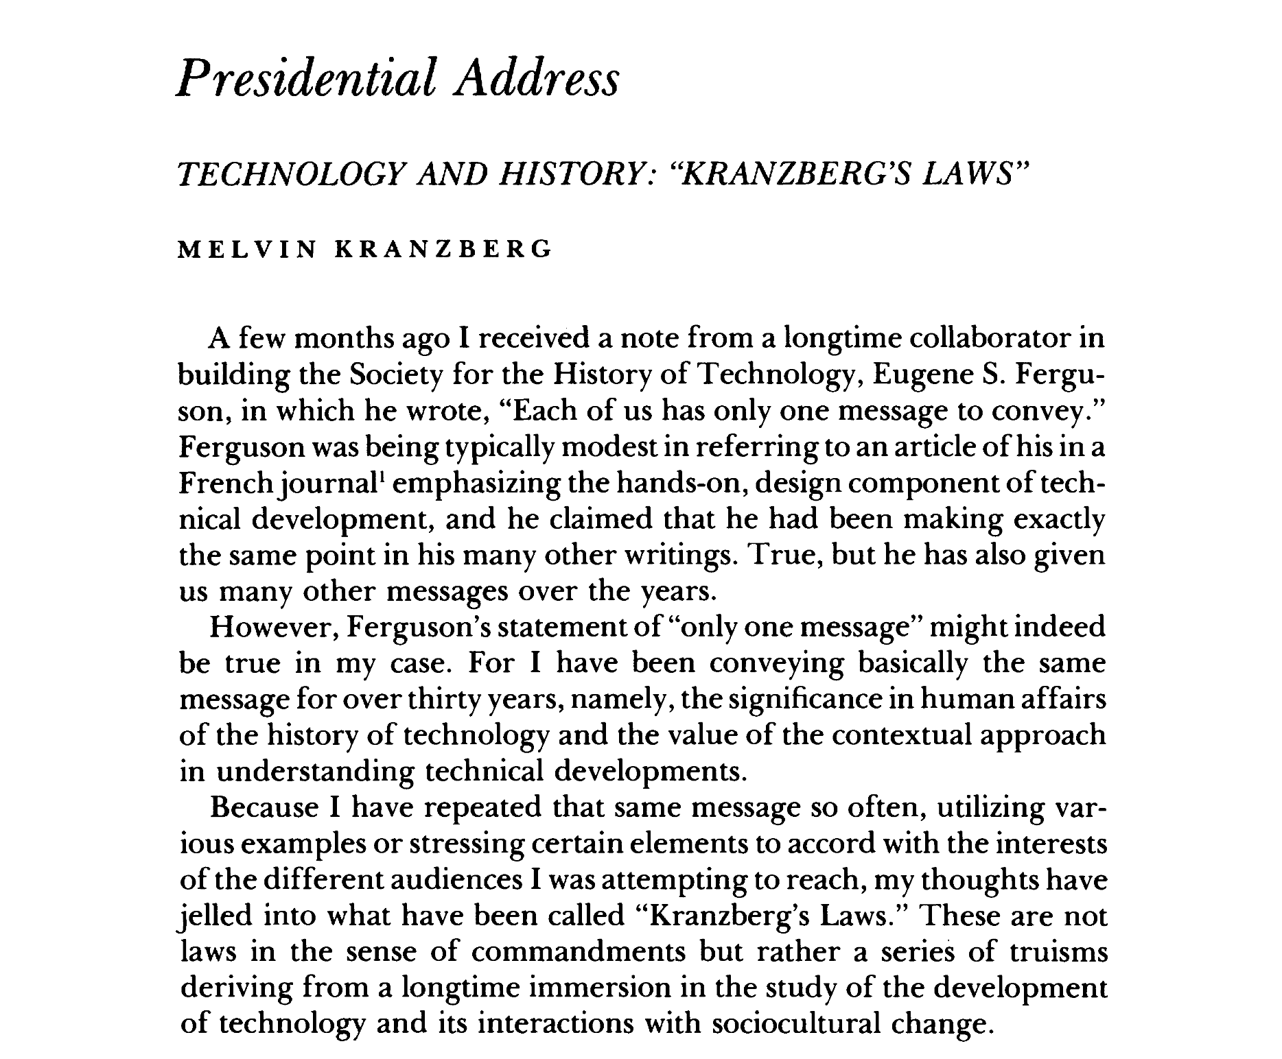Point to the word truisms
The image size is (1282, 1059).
[x=1059, y=952]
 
